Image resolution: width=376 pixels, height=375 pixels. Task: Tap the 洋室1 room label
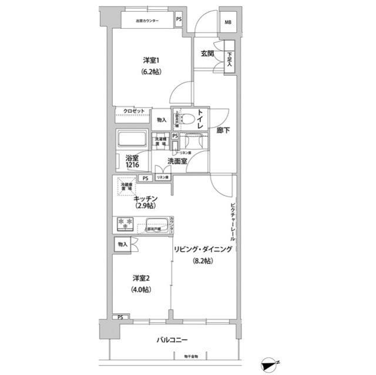(151, 60)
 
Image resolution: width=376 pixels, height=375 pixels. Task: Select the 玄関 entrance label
(206, 53)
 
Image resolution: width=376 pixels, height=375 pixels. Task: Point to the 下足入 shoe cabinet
(229, 59)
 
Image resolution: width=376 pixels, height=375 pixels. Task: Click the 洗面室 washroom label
(177, 161)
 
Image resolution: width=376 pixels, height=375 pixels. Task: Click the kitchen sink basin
(157, 225)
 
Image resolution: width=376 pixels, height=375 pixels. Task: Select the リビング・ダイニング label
(203, 249)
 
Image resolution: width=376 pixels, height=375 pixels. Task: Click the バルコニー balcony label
(173, 339)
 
